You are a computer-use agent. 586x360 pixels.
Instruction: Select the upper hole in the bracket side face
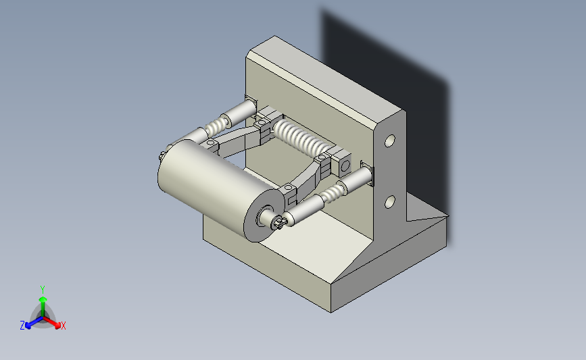coord(390,140)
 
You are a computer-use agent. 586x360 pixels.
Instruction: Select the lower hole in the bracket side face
coord(390,202)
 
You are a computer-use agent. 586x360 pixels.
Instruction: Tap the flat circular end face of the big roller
coord(264,216)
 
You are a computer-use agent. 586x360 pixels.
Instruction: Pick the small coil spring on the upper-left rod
coord(217,125)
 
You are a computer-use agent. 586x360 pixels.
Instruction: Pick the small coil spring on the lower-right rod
coord(333,193)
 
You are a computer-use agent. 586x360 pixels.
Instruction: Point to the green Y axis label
coord(43,290)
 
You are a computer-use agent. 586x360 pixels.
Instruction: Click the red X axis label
coord(63,326)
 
